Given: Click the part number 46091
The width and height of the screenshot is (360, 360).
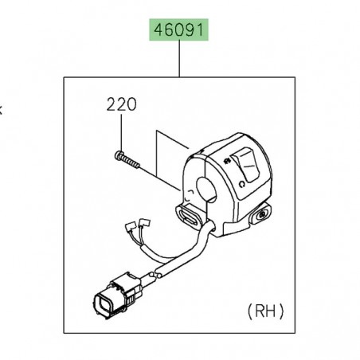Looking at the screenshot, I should coord(179,32).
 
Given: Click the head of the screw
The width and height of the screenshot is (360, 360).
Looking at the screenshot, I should coord(119,155).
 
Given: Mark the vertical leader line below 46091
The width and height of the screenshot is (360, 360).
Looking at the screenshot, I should coord(179,60).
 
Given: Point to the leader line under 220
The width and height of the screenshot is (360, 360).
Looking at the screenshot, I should coord(119,131).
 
